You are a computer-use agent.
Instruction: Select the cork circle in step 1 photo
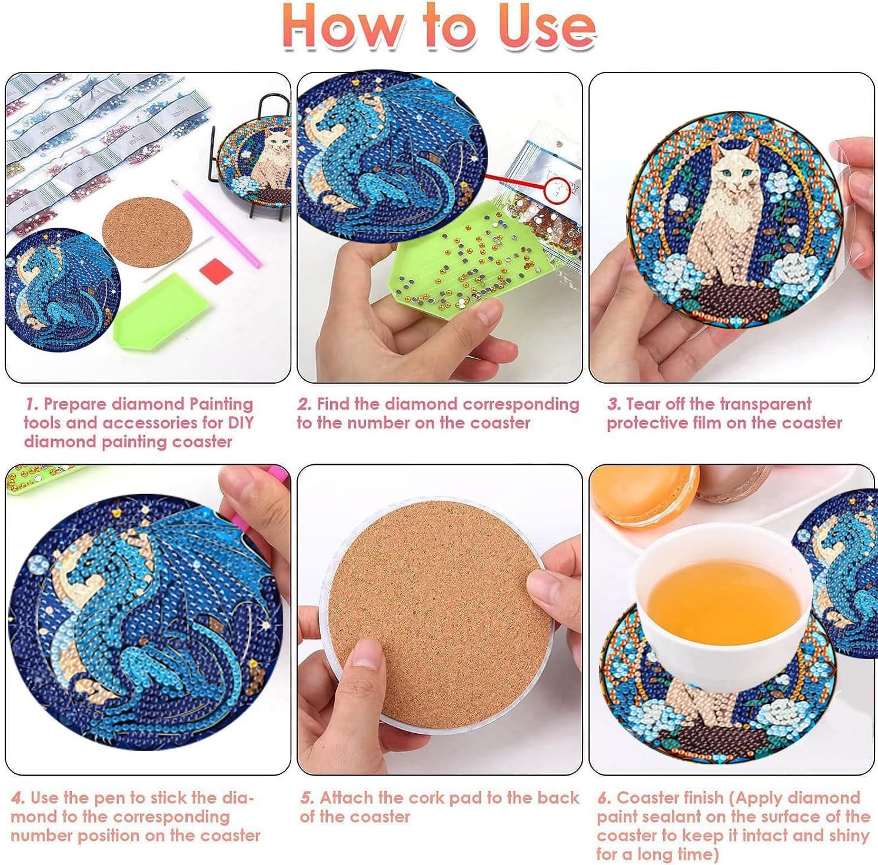point(148,231)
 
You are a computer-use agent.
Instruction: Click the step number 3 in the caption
point(614,404)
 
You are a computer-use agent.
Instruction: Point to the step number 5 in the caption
point(307,798)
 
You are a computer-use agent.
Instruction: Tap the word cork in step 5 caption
point(427,798)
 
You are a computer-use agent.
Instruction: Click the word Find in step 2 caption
point(333,404)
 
